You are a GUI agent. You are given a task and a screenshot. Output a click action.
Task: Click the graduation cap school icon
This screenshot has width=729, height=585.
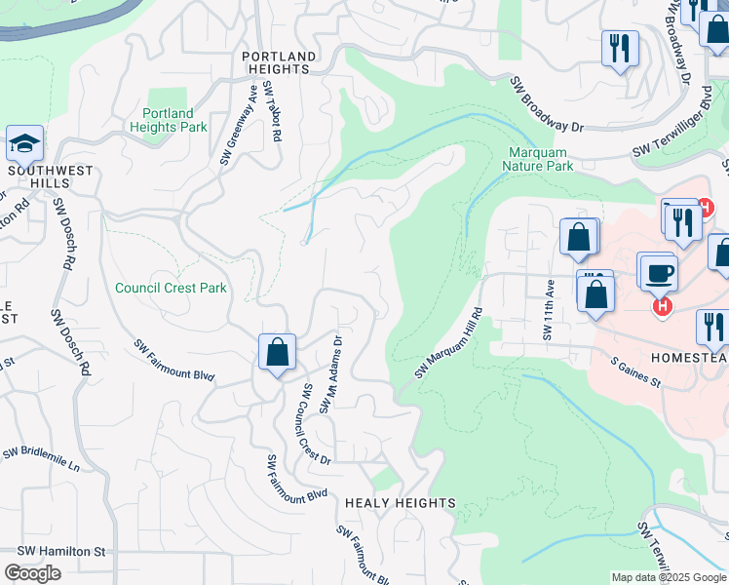(24, 144)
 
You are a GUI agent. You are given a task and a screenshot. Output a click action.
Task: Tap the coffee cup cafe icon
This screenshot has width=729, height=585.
(658, 271)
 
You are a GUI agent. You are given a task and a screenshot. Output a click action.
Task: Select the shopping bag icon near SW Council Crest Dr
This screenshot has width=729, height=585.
(277, 353)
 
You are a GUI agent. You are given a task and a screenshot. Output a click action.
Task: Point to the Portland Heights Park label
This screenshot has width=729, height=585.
(168, 120)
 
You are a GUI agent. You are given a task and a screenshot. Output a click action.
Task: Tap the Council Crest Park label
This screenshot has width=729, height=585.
(171, 288)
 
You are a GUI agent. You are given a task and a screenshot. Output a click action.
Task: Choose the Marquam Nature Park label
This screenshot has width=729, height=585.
(537, 159)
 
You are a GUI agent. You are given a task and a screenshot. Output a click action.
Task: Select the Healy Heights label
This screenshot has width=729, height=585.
(400, 503)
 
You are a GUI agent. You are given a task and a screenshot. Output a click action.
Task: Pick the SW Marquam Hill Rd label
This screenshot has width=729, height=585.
(449, 343)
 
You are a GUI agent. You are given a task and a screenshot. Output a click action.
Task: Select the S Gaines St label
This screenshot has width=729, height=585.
(635, 372)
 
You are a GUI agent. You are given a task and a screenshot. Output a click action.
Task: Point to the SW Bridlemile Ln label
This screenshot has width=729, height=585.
(40, 459)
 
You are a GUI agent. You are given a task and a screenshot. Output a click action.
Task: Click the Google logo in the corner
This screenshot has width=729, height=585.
(32, 573)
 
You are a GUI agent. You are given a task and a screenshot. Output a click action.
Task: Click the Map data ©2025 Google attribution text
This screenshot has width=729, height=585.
(668, 577)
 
